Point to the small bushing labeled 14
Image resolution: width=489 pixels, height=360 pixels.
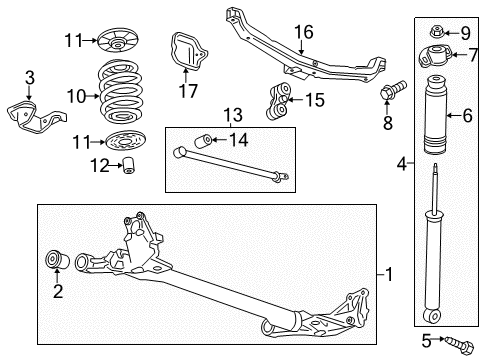pos(278,100)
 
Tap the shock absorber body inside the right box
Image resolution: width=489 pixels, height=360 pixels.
pos(230,165)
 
